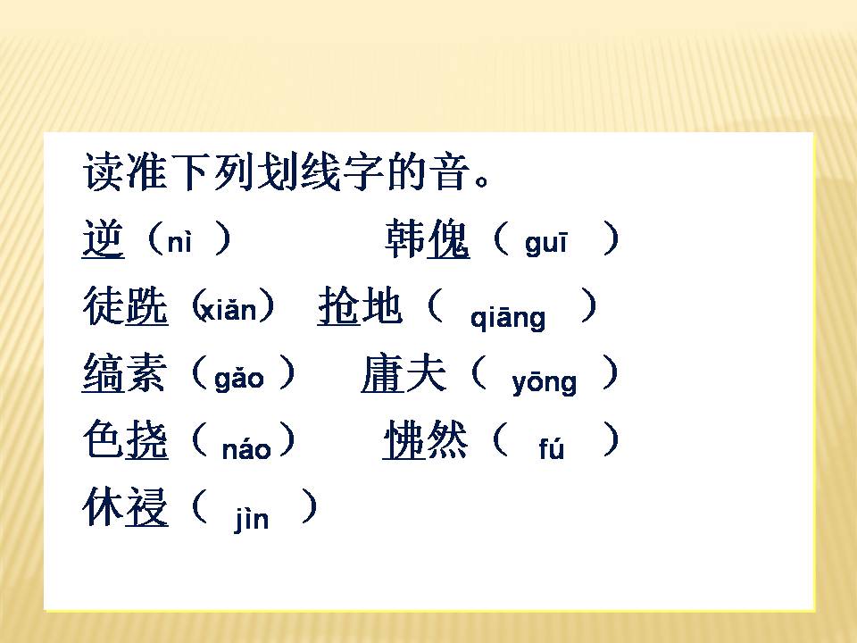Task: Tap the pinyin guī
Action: pos(545,244)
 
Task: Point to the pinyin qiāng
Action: pos(507,317)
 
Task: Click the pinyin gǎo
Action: pos(239,379)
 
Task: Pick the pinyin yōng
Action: pos(544,382)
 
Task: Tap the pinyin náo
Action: pos(245,448)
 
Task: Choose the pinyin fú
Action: pos(551,449)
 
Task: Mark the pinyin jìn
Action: pos(252,519)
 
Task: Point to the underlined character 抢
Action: pos(338,306)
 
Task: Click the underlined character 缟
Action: pos(102,374)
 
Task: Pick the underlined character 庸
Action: pos(382,374)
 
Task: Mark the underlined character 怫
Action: pos(404,441)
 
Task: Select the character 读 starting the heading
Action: pos(102,171)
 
